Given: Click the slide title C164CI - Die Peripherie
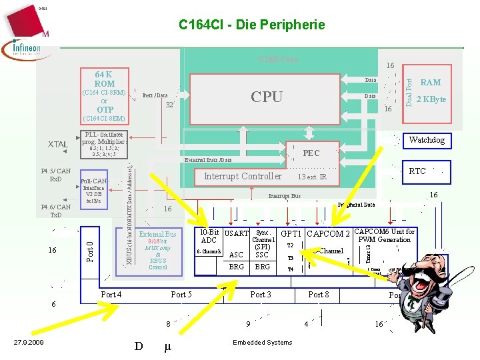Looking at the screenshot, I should (x=252, y=25).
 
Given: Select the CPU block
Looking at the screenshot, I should (x=267, y=97).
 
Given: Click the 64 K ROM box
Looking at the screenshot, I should (x=104, y=79).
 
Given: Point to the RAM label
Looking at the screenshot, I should (x=431, y=82).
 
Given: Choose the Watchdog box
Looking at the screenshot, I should (x=427, y=140).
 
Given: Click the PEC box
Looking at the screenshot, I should (x=311, y=153).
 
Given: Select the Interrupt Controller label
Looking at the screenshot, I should (x=243, y=177).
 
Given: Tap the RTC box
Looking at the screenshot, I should (x=417, y=171).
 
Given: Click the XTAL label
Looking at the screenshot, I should (x=58, y=145).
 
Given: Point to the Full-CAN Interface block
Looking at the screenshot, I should (x=93, y=190).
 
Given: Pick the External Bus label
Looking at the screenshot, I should (x=157, y=234).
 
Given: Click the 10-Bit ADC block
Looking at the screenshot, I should (x=209, y=236).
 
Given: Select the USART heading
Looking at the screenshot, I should (x=236, y=233).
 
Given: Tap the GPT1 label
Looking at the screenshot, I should (x=291, y=233).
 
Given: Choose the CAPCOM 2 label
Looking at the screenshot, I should (x=329, y=233).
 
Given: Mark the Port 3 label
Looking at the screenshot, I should (x=261, y=295).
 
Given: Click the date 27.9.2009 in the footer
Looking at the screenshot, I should (x=29, y=343).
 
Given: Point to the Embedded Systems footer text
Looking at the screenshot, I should (x=263, y=343).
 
